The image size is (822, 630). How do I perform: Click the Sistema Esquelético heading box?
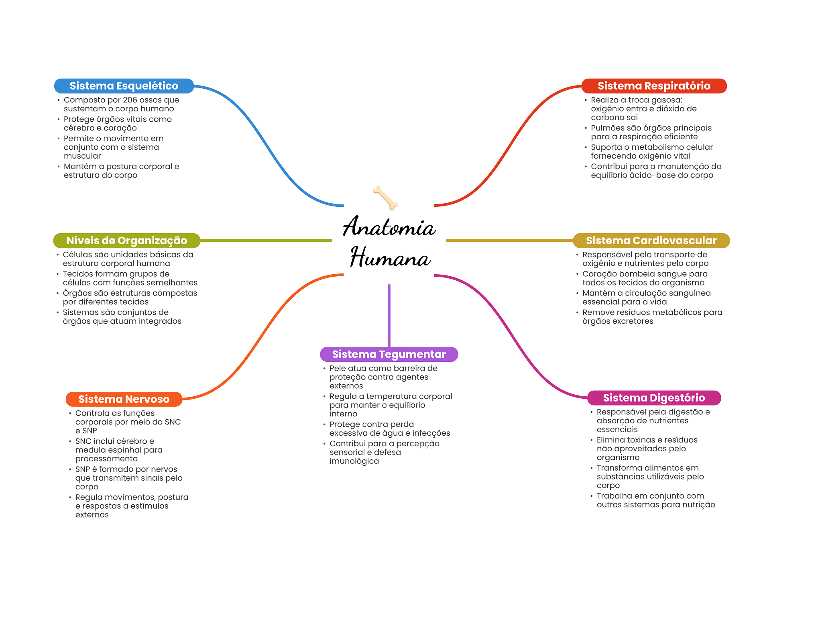click(124, 86)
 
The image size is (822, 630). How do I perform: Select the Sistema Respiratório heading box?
click(654, 86)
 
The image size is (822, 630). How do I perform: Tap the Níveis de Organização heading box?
click(126, 241)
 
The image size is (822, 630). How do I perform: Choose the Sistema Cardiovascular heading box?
click(651, 241)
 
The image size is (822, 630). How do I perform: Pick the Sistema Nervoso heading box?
click(124, 399)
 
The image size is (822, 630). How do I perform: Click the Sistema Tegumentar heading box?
click(389, 354)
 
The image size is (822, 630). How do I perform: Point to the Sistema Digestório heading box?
click(654, 398)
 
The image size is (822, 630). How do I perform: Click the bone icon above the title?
click(385, 198)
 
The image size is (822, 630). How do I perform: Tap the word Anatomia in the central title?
click(389, 227)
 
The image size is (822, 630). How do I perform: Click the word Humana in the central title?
click(390, 258)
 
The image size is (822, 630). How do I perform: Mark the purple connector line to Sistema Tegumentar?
click(389, 315)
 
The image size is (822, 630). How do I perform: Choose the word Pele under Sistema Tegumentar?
click(337, 368)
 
